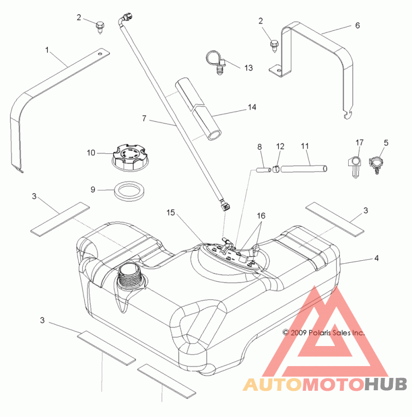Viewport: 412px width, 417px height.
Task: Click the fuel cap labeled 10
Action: tap(126, 157)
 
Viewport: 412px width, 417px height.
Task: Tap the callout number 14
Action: tap(252, 107)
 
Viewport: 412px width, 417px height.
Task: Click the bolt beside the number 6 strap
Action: tap(274, 47)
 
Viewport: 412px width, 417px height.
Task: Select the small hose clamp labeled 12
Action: tap(276, 169)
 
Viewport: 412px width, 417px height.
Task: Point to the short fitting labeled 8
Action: tap(264, 169)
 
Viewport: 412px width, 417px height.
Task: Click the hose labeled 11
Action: tap(304, 169)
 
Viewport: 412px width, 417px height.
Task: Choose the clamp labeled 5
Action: tap(376, 165)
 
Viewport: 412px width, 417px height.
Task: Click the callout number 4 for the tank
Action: tap(376, 258)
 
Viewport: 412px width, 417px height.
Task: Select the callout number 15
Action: tap(170, 213)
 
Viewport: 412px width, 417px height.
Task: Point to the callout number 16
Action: tap(261, 215)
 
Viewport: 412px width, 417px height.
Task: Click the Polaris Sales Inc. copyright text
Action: tap(323, 333)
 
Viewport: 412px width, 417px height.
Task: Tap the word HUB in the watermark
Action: tap(386, 384)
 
